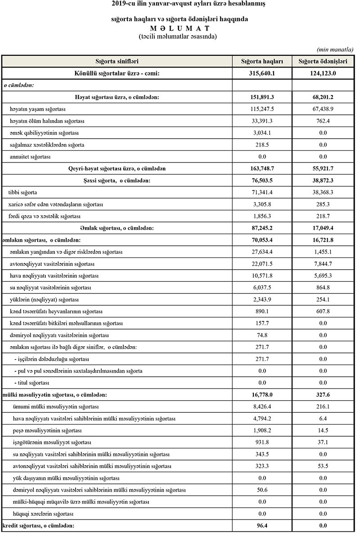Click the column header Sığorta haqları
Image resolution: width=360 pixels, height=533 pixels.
[262, 61]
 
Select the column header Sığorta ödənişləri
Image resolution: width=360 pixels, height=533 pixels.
[323, 61]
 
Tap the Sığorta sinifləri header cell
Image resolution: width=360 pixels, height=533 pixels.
[117, 61]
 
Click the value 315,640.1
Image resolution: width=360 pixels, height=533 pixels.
[262, 73]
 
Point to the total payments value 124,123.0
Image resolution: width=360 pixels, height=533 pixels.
[323, 73]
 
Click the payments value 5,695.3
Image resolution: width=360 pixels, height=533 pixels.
[323, 276]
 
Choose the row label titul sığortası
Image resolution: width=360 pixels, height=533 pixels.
[32, 383]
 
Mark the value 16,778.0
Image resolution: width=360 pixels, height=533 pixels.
[262, 395]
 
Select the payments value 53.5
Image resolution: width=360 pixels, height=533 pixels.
[323, 466]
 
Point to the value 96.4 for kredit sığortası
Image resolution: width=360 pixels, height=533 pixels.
[262, 525]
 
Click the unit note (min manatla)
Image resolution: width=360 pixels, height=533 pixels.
[335, 50]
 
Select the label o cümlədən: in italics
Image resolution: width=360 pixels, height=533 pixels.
[19, 85]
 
